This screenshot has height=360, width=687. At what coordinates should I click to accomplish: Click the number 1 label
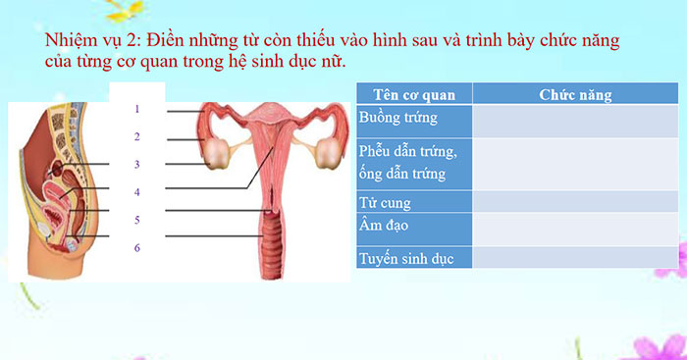click(x=137, y=109)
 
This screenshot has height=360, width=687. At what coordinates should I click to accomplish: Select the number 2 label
click(x=137, y=136)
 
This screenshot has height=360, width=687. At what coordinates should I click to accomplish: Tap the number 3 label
click(x=137, y=164)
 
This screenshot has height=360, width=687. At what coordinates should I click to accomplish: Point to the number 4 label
click(x=137, y=191)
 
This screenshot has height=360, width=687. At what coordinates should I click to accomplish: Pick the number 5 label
click(x=137, y=219)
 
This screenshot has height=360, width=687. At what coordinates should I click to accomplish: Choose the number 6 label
click(x=137, y=247)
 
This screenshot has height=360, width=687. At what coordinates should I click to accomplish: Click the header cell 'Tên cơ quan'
click(x=412, y=94)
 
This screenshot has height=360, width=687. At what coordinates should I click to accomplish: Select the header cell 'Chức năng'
click(x=575, y=94)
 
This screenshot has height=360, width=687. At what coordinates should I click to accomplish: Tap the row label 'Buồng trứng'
click(x=398, y=118)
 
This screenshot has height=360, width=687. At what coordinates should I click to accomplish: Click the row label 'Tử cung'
click(x=385, y=203)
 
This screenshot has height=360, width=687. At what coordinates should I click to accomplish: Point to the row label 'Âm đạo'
click(x=385, y=226)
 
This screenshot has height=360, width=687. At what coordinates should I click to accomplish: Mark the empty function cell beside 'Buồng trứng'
click(x=575, y=120)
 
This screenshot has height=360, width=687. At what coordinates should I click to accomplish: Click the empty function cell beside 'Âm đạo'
click(x=575, y=228)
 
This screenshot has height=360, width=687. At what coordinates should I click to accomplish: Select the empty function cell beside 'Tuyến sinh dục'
click(x=575, y=258)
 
